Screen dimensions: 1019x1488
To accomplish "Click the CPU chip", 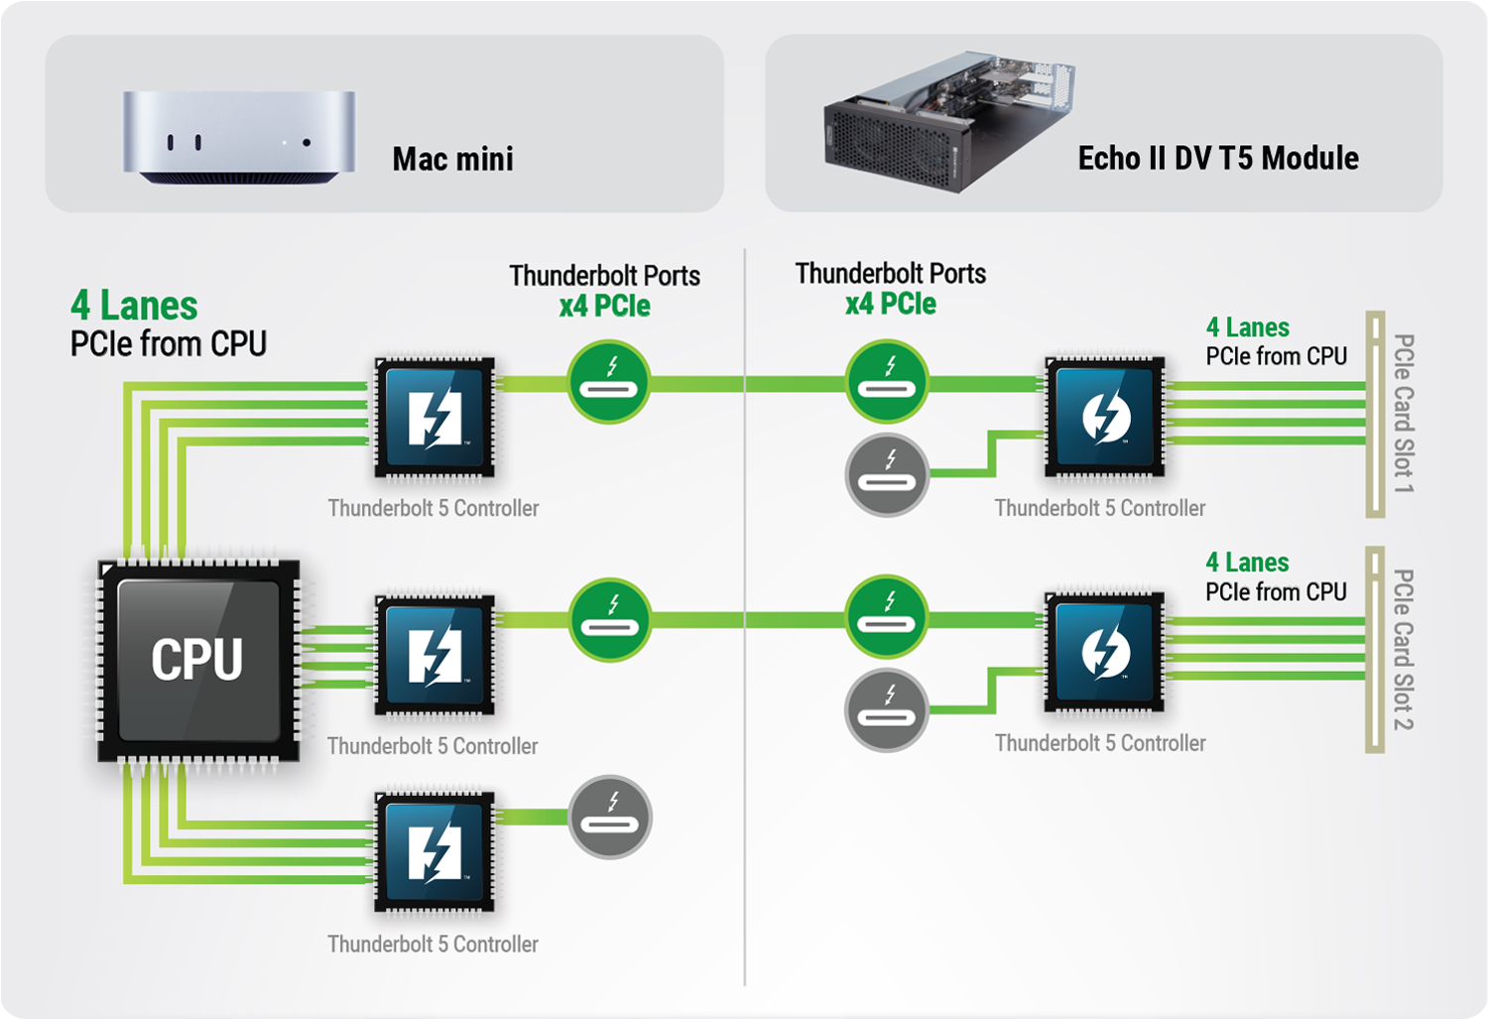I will pos(197,661).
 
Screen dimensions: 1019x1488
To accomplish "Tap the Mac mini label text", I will pos(452,159).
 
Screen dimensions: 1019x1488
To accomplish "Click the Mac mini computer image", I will pos(238,137).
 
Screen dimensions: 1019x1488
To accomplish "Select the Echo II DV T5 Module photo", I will pos(947,121).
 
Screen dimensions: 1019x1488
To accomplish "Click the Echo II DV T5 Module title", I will pos(1217,158).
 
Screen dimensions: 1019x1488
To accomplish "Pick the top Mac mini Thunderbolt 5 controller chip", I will pos(434,418).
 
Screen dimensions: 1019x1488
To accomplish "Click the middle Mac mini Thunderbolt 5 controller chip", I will pos(434,655).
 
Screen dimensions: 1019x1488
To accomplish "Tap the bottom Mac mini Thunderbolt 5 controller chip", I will pos(434,850).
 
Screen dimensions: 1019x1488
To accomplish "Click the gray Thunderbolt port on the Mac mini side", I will pos(610,817).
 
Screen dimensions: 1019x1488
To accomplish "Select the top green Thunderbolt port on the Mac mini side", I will pos(609,382).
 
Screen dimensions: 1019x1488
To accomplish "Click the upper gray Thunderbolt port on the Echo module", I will pos(887,474).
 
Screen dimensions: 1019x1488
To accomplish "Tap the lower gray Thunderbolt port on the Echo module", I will pos(887,709).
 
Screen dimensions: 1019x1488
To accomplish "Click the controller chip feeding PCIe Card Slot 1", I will pos(1105,416).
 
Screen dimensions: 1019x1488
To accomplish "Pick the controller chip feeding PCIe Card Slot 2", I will pos(1105,652).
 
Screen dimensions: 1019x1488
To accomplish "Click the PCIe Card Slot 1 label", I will pos(1403,413).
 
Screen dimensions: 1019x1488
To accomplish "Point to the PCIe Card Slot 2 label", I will pos(1403,649).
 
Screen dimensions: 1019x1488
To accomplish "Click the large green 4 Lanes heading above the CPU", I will pos(134,305).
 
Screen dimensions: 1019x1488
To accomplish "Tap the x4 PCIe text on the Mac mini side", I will pos(604,306).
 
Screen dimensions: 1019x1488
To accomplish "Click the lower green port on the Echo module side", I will pos(887,616).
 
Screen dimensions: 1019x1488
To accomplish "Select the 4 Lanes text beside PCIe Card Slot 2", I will pos(1247,563).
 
